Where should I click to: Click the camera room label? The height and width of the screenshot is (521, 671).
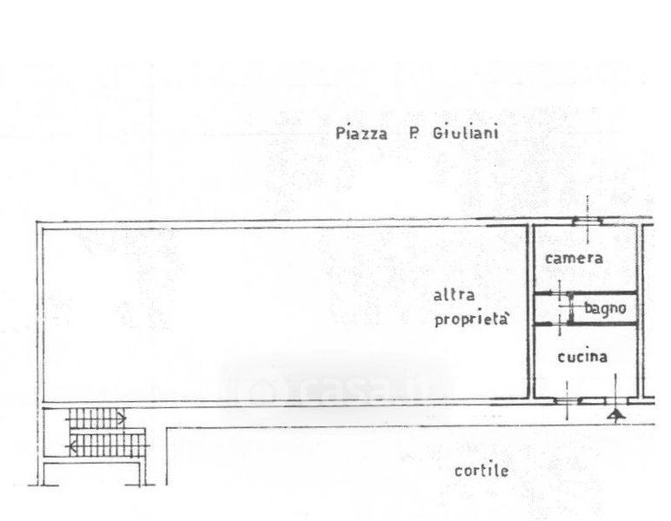(574, 258)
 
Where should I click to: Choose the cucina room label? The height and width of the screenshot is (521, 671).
(581, 357)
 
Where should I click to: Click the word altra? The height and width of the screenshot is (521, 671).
(454, 294)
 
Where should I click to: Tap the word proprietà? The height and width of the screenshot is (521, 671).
(469, 320)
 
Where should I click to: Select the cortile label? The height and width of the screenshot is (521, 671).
(481, 472)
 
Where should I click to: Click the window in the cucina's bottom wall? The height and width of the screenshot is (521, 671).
(594, 399)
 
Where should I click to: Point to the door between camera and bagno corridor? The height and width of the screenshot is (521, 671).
(560, 293)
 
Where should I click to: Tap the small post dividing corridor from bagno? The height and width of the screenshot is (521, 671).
(568, 308)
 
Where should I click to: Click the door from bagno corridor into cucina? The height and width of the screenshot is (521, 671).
(560, 323)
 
